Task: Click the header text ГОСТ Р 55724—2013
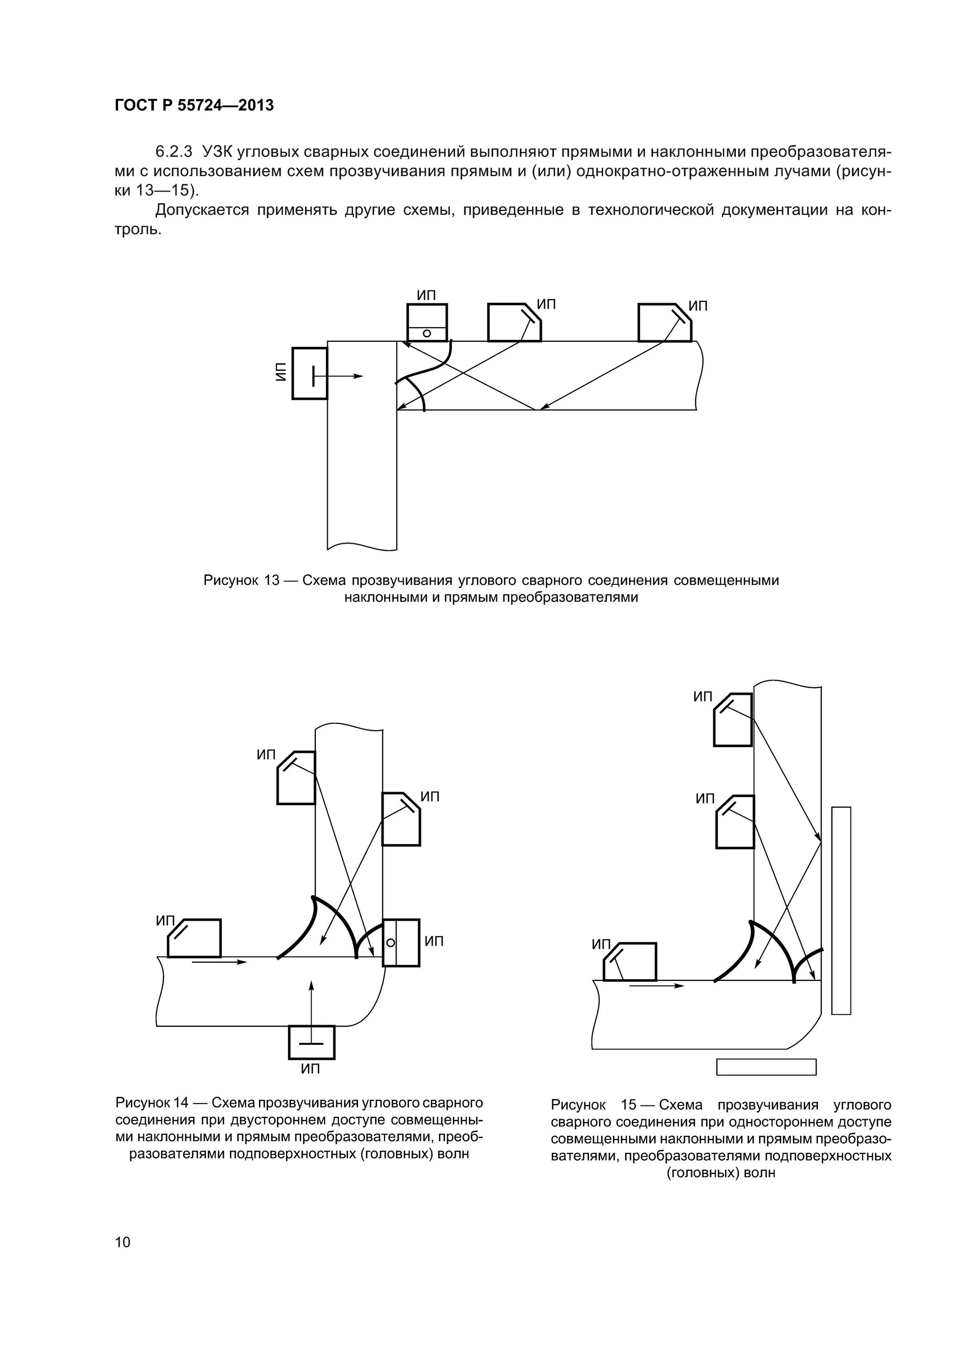click(x=194, y=105)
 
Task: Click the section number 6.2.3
click(x=174, y=152)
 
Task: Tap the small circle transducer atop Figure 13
click(x=426, y=323)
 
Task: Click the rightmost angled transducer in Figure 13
click(x=664, y=322)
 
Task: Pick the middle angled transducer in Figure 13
click(x=513, y=322)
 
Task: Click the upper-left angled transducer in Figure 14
click(x=296, y=778)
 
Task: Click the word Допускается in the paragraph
click(x=202, y=210)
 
